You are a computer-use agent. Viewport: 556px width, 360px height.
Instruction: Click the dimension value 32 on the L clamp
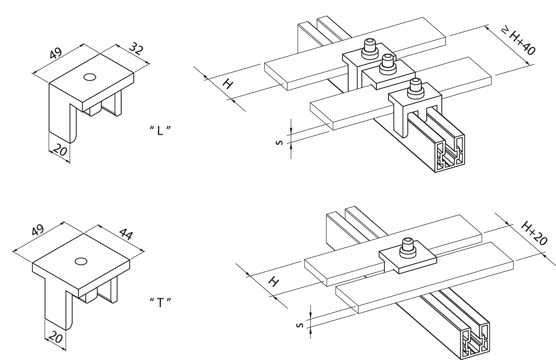136,50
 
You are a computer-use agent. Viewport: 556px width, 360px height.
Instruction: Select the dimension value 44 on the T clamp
125,234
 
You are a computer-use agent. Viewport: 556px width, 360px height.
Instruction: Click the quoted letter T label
160,302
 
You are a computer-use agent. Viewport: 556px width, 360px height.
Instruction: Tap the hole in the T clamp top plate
81,261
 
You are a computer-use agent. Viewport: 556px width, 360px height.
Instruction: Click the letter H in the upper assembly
228,84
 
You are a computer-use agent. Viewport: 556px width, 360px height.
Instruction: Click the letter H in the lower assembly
273,282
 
